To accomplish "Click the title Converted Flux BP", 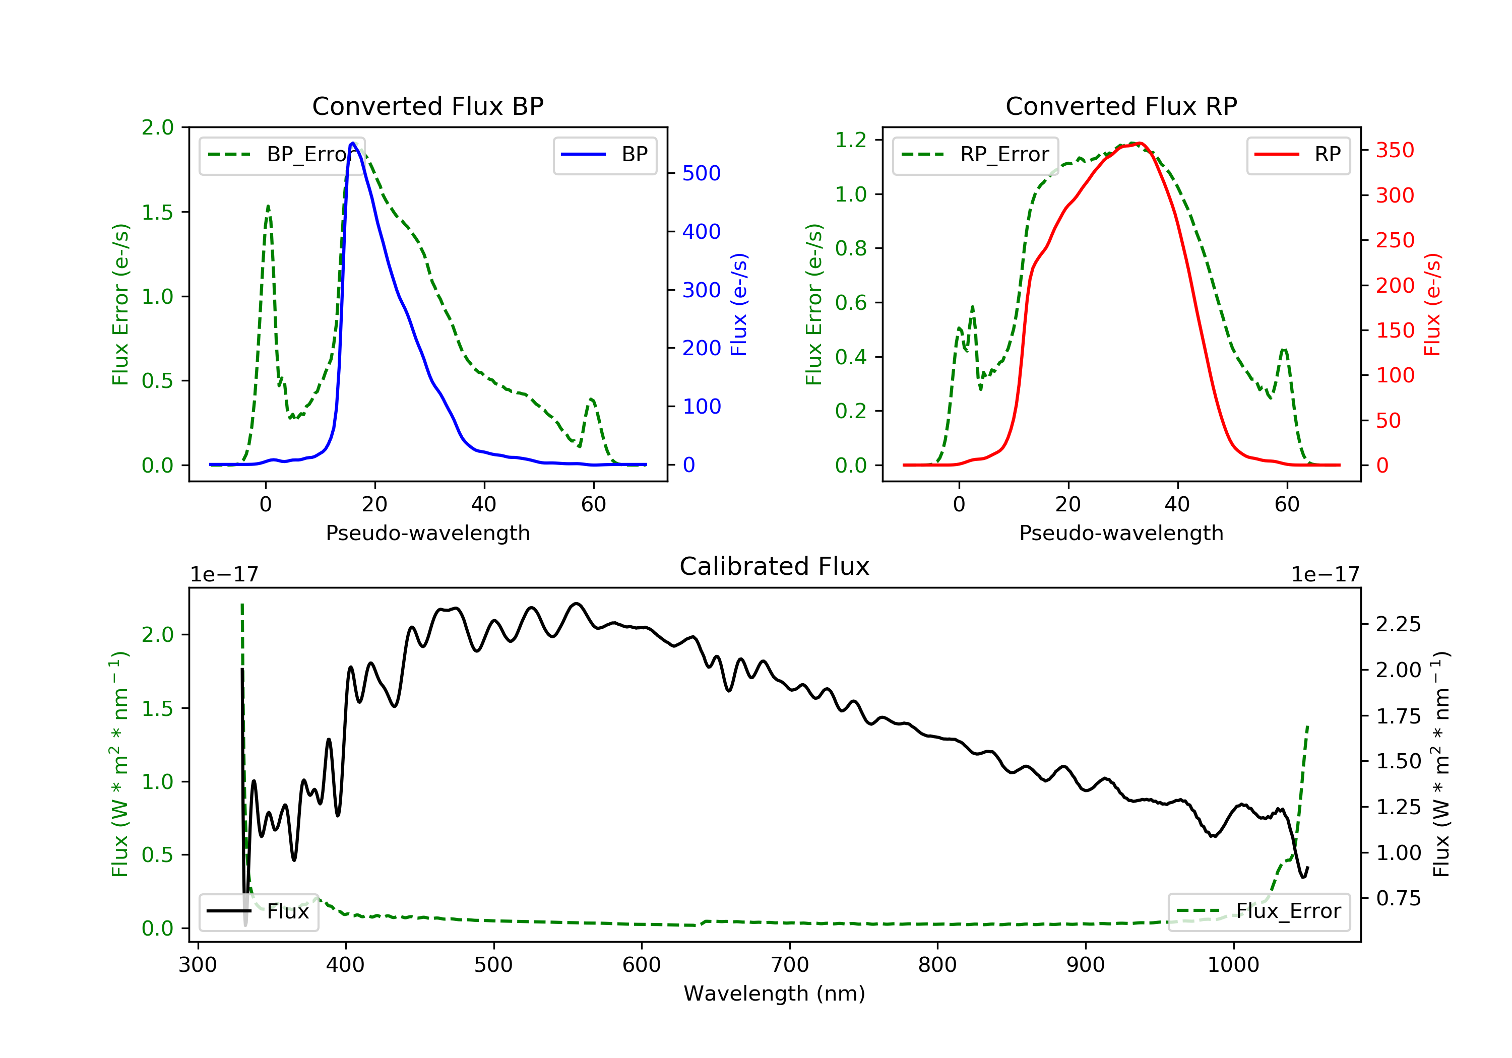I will click(x=427, y=106).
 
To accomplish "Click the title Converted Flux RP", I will click(x=1121, y=106).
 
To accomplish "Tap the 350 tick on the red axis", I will click(x=1395, y=150).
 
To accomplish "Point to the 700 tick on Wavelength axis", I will click(x=790, y=965).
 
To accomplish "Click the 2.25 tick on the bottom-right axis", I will click(x=1398, y=624).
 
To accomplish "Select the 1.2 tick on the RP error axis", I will click(x=851, y=140).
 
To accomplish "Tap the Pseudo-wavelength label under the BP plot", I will click(x=427, y=533).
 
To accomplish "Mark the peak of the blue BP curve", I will click(x=353, y=143).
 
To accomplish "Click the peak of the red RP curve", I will click(x=1139, y=144).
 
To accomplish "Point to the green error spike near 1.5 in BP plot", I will click(x=268, y=207).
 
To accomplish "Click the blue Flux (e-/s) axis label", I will click(x=739, y=304).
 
